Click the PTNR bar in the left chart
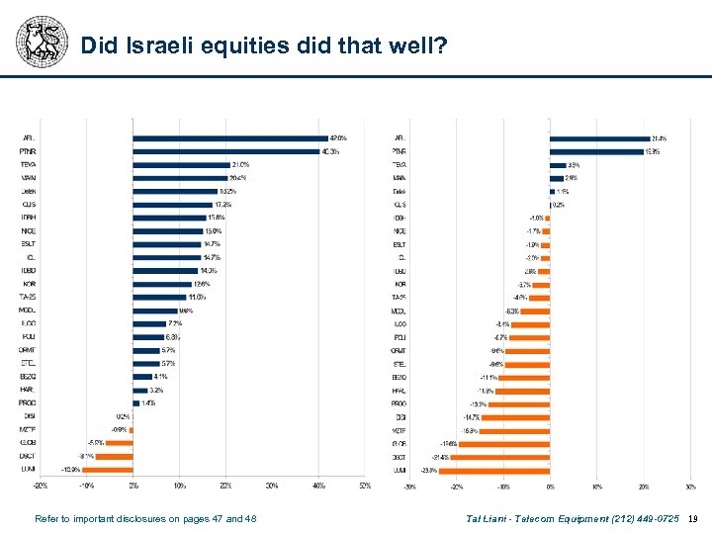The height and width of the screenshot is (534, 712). coord(225,151)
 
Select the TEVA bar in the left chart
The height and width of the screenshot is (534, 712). coord(181,164)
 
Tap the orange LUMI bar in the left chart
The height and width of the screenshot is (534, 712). coord(109,469)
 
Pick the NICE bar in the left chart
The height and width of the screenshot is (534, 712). coord(168,230)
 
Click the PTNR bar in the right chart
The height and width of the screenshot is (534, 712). coord(596,151)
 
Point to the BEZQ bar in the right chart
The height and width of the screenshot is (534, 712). coord(524,377)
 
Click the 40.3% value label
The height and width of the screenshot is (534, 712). coord(331,151)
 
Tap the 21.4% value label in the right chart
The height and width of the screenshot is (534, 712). coord(659,138)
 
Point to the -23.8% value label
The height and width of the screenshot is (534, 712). coord(429,470)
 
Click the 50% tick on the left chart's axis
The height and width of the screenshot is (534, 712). coord(365,486)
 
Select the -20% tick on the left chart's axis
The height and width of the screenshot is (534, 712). coord(41,486)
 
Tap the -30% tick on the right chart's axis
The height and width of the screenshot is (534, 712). coord(410,487)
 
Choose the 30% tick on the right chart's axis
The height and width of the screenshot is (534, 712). coord(690,487)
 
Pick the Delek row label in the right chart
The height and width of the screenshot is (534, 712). coord(400,191)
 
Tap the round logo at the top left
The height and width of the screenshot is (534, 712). coord(41,41)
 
